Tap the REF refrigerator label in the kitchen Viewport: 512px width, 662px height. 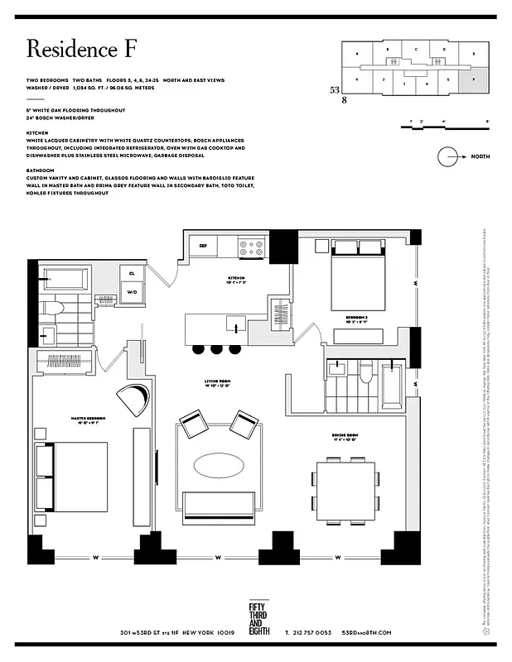point(202,246)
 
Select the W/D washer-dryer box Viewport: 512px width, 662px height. point(131,291)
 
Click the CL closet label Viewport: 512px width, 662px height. point(131,272)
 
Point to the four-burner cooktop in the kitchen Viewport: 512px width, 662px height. point(250,245)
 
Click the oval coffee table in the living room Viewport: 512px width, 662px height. point(219,463)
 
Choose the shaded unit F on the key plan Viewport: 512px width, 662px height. point(473,82)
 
